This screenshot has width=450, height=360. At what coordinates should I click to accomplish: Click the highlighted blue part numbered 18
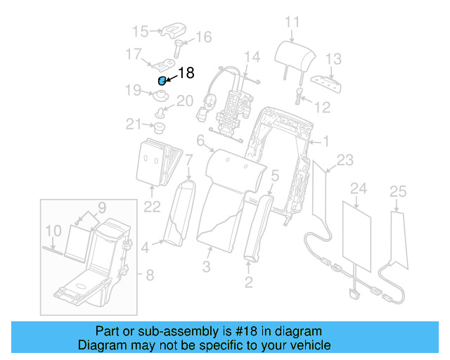[162, 81]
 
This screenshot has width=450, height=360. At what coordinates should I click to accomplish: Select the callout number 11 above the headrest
[292, 22]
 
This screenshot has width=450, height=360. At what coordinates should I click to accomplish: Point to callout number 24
[359, 188]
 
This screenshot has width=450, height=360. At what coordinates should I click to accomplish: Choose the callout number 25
[398, 190]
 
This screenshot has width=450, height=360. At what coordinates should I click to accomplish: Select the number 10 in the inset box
[101, 207]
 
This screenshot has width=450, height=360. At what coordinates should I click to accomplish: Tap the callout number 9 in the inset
[53, 230]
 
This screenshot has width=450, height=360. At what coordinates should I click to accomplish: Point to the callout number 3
[206, 266]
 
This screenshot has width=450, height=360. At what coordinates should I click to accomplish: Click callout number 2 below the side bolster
[248, 283]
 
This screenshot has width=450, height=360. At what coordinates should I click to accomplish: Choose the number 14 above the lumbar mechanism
[252, 56]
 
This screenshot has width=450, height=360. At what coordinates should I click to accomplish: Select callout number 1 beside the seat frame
[326, 141]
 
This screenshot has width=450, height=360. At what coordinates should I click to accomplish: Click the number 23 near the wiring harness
[345, 160]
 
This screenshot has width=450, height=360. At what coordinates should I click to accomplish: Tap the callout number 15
[141, 31]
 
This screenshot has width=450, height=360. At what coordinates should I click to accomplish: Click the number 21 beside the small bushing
[134, 124]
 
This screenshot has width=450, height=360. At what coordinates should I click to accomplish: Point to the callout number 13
[333, 59]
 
